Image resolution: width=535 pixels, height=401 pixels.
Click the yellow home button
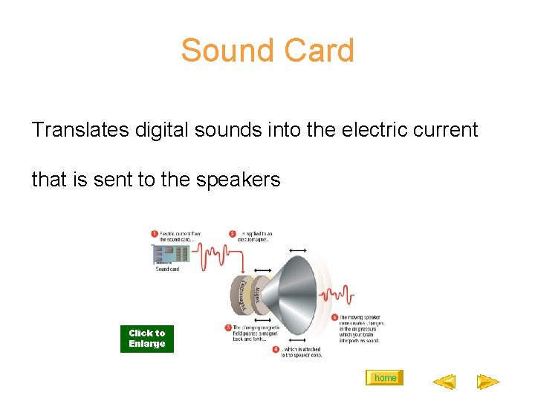click(x=385, y=378)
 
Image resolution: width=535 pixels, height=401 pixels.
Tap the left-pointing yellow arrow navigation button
click(x=444, y=382)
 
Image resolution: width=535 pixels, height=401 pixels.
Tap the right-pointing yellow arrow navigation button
click(x=488, y=382)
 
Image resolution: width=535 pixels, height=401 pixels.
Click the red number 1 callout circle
click(x=155, y=234)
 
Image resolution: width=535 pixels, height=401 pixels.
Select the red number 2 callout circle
click(x=233, y=234)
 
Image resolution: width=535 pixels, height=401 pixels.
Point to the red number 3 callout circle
click(x=227, y=327)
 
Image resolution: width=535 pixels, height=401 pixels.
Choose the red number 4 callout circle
click(x=276, y=348)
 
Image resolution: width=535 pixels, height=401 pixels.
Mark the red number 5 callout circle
click(x=334, y=317)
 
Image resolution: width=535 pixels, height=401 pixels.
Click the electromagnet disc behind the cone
click(x=241, y=295)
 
